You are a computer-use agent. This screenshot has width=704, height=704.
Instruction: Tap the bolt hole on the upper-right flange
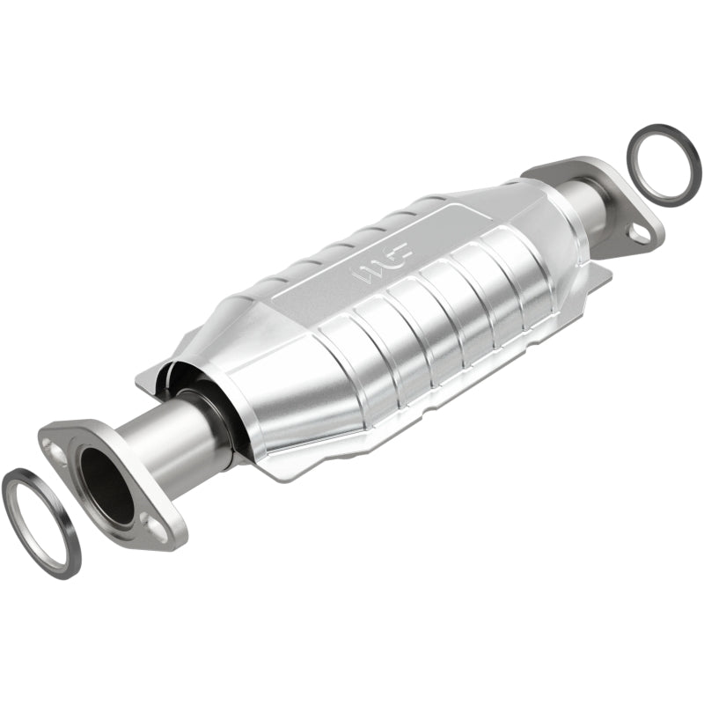[641, 232]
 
